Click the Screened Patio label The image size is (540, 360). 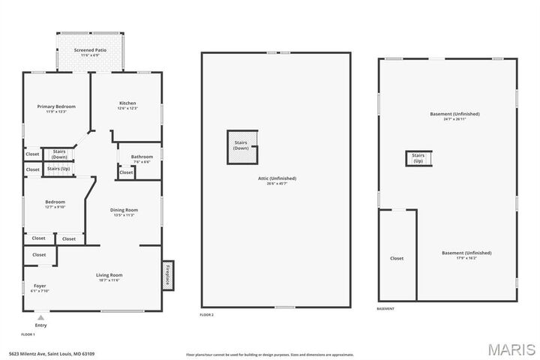pyautogui.click(x=89, y=50)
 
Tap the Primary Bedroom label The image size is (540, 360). pyautogui.click(x=56, y=106)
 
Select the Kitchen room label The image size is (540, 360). pyautogui.click(x=127, y=103)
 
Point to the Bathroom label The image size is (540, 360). pyautogui.click(x=142, y=157)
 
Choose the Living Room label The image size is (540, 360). pyautogui.click(x=109, y=275)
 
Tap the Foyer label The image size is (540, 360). pyautogui.click(x=40, y=286)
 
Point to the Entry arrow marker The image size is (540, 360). pyautogui.click(x=40, y=317)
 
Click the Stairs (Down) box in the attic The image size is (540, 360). pyautogui.click(x=241, y=145)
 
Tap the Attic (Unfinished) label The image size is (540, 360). pyautogui.click(x=276, y=178)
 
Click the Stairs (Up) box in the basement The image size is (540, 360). pyautogui.click(x=418, y=158)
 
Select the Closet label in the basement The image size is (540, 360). pyautogui.click(x=397, y=258)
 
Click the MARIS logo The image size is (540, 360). pyautogui.click(x=511, y=350)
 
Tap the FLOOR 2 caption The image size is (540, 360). pyautogui.click(x=207, y=315)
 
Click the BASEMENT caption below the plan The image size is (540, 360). pyautogui.click(x=385, y=309)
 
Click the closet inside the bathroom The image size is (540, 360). pyautogui.click(x=126, y=172)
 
